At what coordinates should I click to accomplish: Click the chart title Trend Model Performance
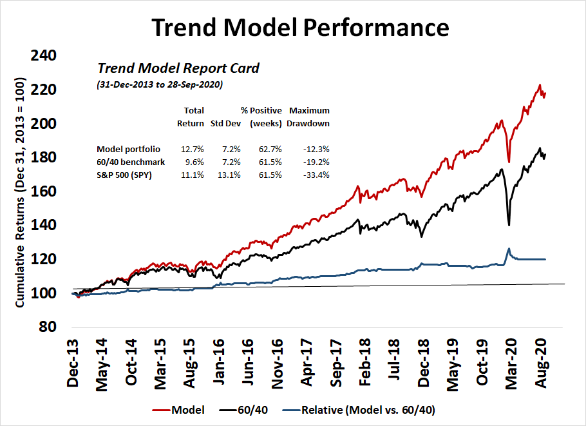[x=300, y=28]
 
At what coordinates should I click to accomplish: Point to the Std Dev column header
[x=225, y=123]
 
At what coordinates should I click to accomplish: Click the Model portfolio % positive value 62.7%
[x=270, y=149]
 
